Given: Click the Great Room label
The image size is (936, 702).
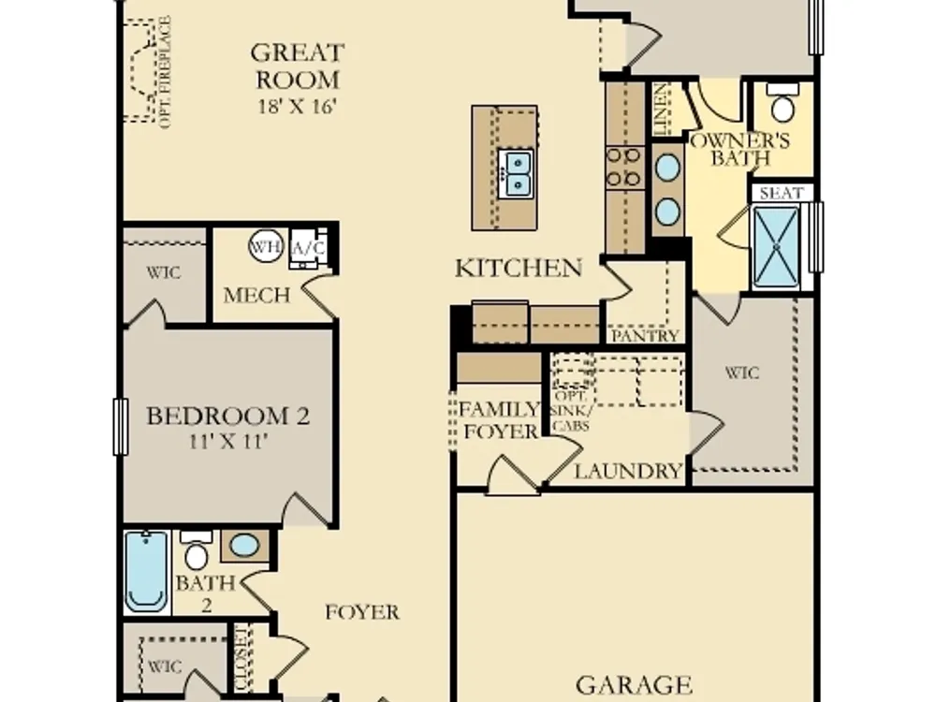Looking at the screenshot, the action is coord(298,66).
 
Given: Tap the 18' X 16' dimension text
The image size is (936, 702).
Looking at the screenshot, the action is coord(298,107).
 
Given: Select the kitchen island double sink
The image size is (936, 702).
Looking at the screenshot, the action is coord(515,172).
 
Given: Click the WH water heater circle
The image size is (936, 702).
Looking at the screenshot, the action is coord(265,246).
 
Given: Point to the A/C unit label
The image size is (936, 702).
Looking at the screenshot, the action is coord(308,247).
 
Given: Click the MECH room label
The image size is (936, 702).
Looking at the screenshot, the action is coord(256,295).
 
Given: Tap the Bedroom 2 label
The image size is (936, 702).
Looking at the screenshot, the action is coord(228,416).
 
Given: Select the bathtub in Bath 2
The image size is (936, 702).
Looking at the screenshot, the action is coord(146,571).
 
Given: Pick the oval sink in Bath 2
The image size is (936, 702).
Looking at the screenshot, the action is coord(244,546).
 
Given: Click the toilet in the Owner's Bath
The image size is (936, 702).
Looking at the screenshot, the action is coord(782,102).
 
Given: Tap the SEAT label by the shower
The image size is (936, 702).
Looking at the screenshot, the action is coord(781,194).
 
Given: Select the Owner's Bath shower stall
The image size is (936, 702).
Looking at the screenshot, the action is coord(775,246).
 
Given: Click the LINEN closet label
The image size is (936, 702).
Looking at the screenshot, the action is coord(661,110).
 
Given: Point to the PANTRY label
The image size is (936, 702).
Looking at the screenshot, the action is coord(645,336).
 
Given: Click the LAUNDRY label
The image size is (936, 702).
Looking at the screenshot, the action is coord(628,472).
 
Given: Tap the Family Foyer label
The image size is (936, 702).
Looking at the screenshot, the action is coord(500,420).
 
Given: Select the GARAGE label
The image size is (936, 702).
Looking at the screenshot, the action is coord(634,685).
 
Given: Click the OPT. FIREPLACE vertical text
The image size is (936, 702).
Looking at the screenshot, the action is coord(166,72).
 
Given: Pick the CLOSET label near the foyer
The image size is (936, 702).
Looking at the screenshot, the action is coord(241,657).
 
